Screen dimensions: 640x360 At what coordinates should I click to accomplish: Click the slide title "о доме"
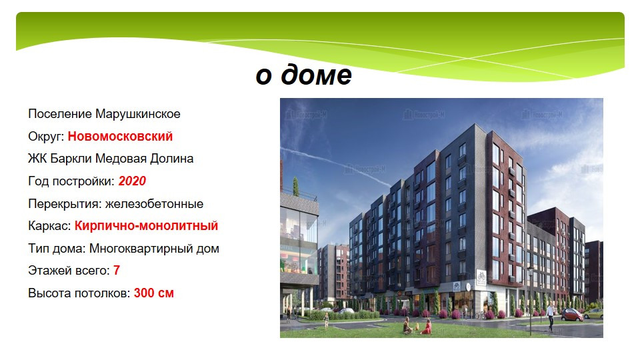304,75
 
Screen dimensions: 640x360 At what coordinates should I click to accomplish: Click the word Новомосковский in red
121,136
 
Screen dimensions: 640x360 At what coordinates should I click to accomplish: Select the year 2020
132,181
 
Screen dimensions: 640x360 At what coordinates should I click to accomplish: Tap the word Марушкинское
138,114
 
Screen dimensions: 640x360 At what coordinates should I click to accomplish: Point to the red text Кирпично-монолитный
146,226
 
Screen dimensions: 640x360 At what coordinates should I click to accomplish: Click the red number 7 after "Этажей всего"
116,270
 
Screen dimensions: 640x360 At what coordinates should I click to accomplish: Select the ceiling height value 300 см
154,293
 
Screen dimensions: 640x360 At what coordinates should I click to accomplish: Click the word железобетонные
154,204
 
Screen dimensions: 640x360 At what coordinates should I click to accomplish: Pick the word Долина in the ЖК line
172,159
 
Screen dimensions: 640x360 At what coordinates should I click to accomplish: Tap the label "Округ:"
46,136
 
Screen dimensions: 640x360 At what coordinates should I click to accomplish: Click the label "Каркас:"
49,226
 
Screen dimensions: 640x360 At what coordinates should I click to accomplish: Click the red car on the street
571,315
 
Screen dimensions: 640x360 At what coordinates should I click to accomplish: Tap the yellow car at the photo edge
593,313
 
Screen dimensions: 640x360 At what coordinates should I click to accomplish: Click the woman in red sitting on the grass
426,327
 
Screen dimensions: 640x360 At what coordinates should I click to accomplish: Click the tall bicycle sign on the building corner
481,277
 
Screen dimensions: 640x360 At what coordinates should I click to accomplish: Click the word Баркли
71,159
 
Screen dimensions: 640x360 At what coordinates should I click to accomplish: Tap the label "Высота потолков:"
79,293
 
